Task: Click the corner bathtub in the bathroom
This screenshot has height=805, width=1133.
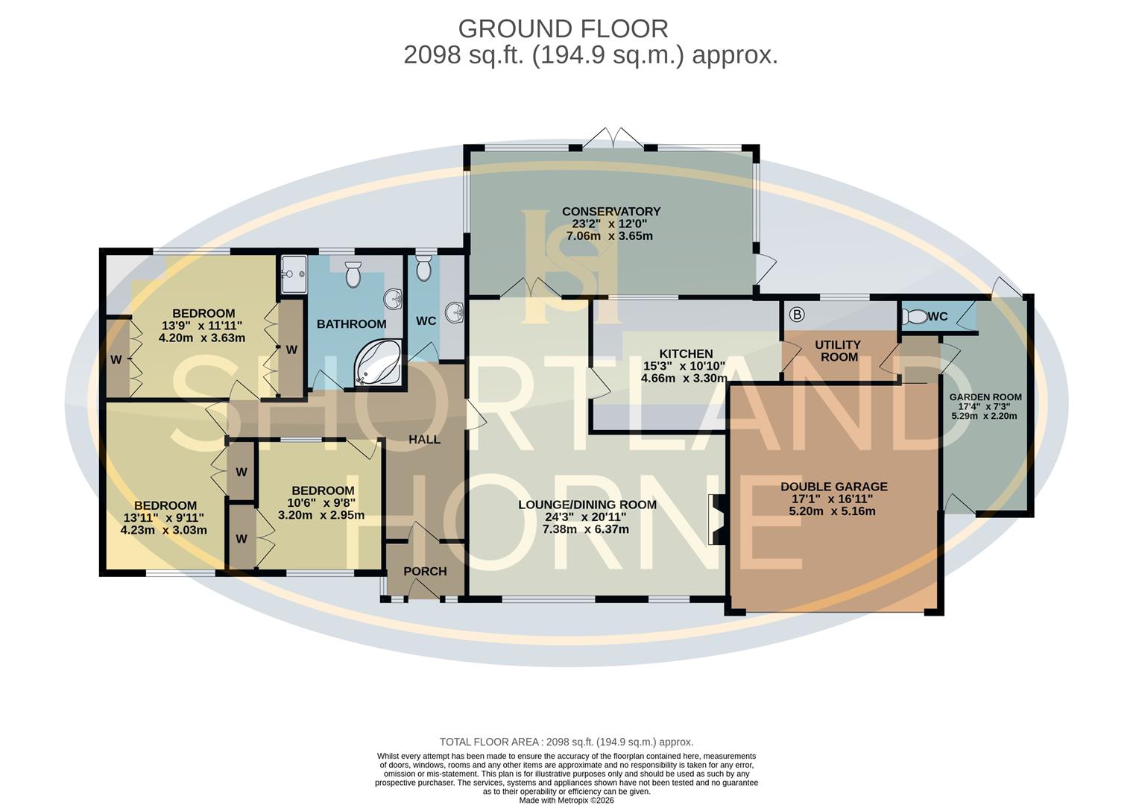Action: [379, 364]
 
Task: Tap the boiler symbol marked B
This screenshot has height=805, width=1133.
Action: [796, 315]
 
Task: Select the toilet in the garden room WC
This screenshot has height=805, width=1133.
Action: [916, 317]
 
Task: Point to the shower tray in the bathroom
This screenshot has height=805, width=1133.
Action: [293, 274]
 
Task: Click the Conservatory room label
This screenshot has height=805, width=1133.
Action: [610, 212]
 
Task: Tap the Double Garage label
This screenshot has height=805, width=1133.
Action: [833, 487]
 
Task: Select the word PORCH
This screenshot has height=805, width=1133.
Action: [425, 571]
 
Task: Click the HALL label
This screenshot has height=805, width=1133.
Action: [424, 440]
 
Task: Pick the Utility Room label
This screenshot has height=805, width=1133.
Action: [837, 350]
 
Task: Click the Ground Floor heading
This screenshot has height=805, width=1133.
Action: [563, 28]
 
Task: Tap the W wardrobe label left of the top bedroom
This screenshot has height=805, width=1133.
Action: [116, 359]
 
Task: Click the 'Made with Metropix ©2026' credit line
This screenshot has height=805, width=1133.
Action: [566, 800]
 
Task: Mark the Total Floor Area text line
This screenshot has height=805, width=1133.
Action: [566, 742]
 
